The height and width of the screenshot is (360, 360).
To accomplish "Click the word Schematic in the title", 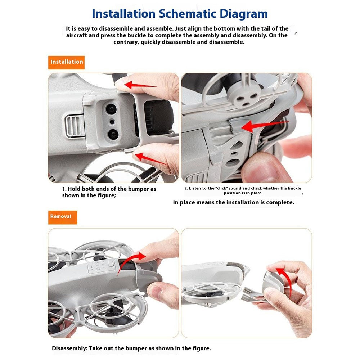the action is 188,14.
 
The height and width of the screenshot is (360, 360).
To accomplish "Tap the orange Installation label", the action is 66,62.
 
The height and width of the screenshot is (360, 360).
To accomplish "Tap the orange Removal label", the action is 62,217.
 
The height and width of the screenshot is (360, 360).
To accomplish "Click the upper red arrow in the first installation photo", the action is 140,85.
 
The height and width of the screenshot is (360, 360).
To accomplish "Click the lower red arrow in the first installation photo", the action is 150,159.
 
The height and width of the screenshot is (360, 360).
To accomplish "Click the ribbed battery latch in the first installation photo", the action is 74,126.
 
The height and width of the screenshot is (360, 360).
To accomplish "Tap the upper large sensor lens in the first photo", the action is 111,109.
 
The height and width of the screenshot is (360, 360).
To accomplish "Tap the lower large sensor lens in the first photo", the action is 113,134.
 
